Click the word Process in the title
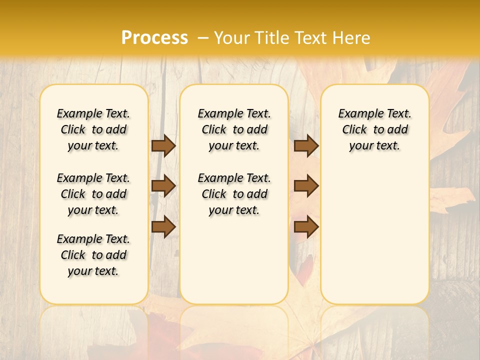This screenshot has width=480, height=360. (154, 37)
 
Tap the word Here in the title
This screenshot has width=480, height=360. (351, 38)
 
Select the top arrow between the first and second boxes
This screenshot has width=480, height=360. (163, 145)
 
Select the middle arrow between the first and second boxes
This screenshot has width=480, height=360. (163, 186)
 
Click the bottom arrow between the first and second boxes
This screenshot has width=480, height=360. (163, 226)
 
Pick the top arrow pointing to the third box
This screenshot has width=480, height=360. (306, 145)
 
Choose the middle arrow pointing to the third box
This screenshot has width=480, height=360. (306, 186)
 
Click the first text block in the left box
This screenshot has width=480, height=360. (93, 129)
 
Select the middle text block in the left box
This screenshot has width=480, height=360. (93, 194)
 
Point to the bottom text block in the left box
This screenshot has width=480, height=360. (93, 255)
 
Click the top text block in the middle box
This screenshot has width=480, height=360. (234, 129)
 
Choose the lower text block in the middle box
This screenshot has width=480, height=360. (234, 194)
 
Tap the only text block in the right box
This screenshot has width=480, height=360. (375, 129)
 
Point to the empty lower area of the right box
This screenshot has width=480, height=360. (375, 235)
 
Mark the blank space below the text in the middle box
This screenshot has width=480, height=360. (234, 260)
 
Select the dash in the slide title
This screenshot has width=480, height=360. (202, 38)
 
